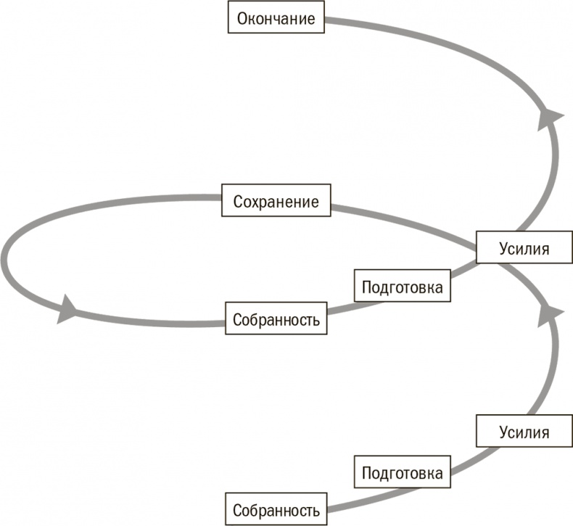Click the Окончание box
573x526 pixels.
click(x=276, y=18)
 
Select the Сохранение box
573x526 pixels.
click(x=276, y=202)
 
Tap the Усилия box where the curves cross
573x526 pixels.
click(x=524, y=248)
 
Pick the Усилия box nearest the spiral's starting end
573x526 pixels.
click(x=524, y=432)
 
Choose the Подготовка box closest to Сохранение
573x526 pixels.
click(x=402, y=287)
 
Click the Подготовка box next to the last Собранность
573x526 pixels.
click(x=402, y=473)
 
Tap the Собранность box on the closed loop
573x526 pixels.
click(x=276, y=320)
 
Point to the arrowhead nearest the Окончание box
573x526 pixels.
click(x=551, y=116)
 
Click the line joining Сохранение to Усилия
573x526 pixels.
click(x=406, y=224)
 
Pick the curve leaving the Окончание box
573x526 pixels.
click(x=406, y=29)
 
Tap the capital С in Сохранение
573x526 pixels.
click(x=237, y=202)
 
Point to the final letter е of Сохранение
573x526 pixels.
click(x=315, y=202)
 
